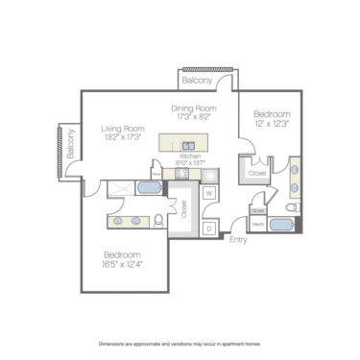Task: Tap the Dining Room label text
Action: point(196,108)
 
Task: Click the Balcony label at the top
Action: point(197,82)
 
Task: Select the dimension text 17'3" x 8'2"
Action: point(196,117)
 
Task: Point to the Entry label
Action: point(237,240)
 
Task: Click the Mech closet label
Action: point(256,225)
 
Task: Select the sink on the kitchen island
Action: point(188,143)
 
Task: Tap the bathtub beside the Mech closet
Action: point(283,226)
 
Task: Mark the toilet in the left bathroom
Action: point(159,221)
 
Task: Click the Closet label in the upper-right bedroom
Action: point(258,174)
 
